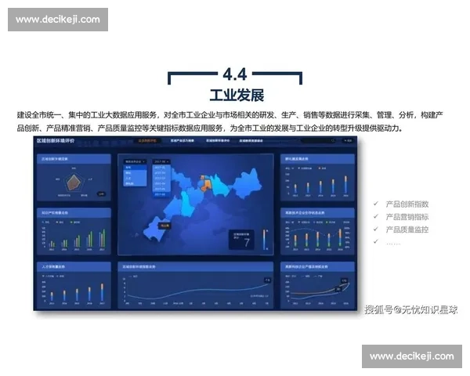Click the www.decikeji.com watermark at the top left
[58, 19]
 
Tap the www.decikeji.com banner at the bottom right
[411, 356]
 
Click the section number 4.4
[235, 74]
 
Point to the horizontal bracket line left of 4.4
[192, 74]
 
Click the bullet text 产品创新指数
[407, 204]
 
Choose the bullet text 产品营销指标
[407, 217]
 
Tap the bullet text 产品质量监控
[407, 230]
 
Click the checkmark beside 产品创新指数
[377, 204]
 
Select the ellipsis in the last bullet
[393, 242]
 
